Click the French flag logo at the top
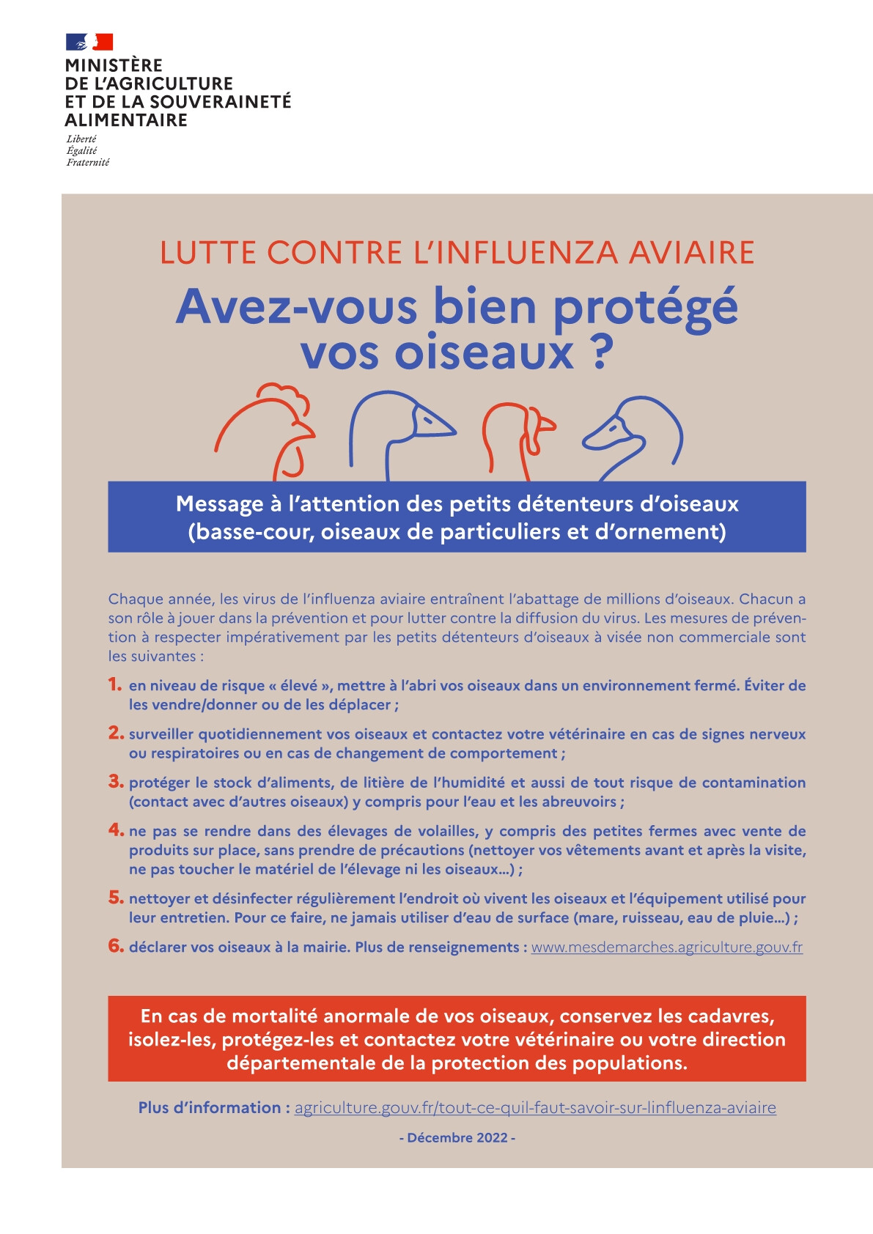click(89, 42)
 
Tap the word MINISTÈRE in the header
click(114, 65)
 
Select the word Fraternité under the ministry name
click(87, 163)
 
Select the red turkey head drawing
click(517, 437)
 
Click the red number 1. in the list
click(115, 684)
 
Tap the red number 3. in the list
click(116, 781)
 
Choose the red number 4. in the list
click(116, 830)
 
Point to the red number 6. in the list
click(116, 945)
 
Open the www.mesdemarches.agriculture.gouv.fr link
click(666, 947)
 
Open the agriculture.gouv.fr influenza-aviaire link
click(535, 1107)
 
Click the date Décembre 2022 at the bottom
click(457, 1138)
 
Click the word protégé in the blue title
click(644, 308)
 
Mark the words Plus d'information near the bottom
click(209, 1107)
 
